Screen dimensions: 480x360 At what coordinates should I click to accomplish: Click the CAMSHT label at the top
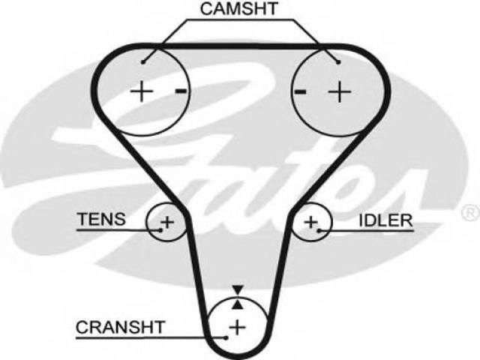click(238, 9)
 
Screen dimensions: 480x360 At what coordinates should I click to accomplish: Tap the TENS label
click(101, 219)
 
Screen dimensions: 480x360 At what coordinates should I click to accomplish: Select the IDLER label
click(385, 220)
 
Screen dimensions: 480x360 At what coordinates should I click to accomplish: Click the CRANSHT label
click(120, 327)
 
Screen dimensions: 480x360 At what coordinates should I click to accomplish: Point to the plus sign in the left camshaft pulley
click(142, 91)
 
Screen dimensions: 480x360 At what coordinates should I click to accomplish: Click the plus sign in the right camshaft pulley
click(340, 91)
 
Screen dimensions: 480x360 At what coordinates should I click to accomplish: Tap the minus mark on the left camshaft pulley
click(181, 91)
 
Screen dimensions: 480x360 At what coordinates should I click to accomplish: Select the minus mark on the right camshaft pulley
click(300, 91)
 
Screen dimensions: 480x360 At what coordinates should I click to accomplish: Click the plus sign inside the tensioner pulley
click(167, 222)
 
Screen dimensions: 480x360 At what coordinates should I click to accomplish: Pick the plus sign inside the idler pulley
click(310, 222)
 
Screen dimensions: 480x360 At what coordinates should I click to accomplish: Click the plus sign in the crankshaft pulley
click(237, 327)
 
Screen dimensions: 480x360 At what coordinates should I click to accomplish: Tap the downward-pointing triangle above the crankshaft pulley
click(238, 289)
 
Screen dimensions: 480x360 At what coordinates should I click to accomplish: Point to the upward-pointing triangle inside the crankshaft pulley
click(238, 304)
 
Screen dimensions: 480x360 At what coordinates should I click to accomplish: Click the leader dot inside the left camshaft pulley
click(142, 62)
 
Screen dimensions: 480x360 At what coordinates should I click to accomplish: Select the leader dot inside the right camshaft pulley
click(338, 62)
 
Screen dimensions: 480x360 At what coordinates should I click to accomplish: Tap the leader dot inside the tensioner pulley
click(160, 230)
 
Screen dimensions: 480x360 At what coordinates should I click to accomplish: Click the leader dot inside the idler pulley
click(319, 231)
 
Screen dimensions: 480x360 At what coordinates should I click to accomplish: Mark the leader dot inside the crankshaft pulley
click(226, 338)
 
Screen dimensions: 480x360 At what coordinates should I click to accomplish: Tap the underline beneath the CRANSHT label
click(151, 338)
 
